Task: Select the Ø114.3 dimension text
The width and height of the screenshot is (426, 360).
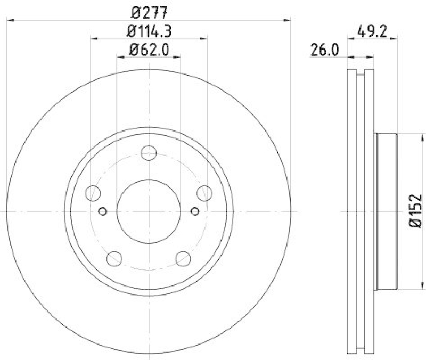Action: click(149, 30)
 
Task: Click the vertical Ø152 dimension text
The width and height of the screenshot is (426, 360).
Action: click(415, 211)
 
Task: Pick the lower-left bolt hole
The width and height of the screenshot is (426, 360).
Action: click(114, 259)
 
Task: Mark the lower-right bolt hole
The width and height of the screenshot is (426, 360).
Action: click(183, 259)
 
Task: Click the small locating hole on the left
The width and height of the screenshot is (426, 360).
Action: click(103, 211)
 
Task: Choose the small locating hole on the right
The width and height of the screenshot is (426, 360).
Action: click(195, 211)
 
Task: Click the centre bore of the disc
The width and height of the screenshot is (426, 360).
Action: click(149, 211)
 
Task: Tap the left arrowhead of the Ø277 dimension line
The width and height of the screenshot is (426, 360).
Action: click(9, 20)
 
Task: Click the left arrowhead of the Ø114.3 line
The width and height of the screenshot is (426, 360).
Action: click(94, 38)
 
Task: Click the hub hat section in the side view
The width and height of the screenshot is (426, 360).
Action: click(387, 211)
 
